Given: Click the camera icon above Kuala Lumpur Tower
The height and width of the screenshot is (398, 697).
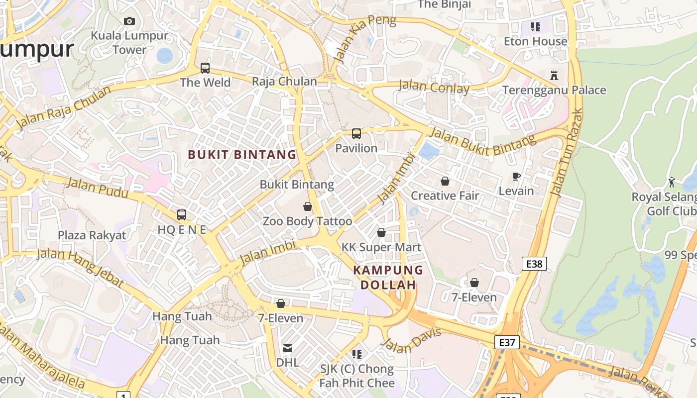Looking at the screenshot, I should tap(129, 21).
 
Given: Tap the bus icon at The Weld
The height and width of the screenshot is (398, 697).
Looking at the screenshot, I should tap(205, 68).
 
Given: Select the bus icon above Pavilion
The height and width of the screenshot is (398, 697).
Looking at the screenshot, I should tap(356, 133).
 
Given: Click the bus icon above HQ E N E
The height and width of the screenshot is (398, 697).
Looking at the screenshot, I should tap(182, 215).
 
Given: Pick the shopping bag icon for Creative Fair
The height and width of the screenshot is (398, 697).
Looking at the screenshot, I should tap(445, 181).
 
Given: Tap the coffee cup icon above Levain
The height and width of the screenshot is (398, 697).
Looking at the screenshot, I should tap(516, 176).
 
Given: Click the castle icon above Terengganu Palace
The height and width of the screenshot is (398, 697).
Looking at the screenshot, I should tap(554, 76).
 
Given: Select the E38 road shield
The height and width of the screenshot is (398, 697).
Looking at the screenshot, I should tap(534, 264).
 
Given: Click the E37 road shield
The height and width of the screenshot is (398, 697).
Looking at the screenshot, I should tap(507, 342).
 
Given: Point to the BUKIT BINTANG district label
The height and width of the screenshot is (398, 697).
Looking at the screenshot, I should tap(242, 155).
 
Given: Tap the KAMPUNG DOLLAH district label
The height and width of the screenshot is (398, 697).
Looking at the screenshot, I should tap(388, 278).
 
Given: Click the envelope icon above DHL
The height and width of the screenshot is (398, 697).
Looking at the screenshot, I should tap(288, 348).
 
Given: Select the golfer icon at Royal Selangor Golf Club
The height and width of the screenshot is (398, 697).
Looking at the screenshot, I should tap(671, 182).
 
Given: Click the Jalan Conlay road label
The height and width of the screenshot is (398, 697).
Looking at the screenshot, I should tap(434, 87).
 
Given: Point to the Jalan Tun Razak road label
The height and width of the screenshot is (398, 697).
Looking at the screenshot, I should tap(566, 152).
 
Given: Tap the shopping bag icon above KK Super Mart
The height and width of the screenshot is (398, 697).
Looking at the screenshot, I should tap(381, 232).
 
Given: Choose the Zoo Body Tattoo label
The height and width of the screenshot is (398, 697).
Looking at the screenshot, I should tap(307, 221).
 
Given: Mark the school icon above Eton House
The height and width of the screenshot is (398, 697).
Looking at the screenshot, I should tap(535, 26).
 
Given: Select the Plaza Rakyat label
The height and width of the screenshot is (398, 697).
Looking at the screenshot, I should tap(92, 235).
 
